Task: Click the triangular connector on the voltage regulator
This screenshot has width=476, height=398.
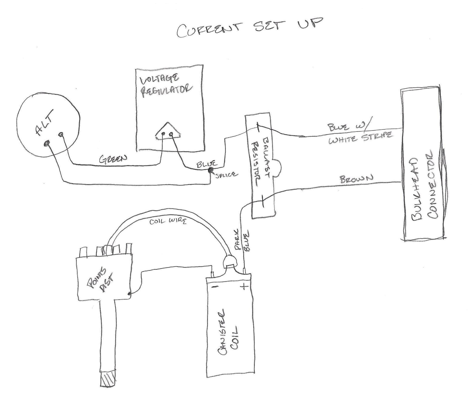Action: [168, 132]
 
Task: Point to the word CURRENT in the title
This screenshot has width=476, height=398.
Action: [209, 30]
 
